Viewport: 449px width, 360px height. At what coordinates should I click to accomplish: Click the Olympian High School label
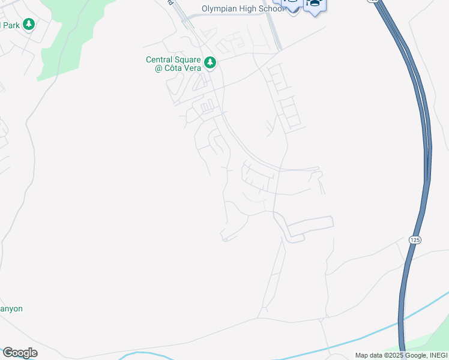pos(243,8)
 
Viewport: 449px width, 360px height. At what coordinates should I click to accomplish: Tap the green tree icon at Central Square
pos(209,62)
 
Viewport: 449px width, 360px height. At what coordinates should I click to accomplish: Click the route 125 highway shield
pos(415,239)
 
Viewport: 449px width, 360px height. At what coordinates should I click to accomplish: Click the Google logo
pos(20,353)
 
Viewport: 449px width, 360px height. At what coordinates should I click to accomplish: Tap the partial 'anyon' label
pos(11,308)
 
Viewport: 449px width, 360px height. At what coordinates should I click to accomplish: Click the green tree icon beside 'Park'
pos(28,25)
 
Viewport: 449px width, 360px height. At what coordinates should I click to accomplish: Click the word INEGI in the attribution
pos(438,356)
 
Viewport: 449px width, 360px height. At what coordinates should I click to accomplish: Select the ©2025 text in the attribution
pos(394,356)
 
